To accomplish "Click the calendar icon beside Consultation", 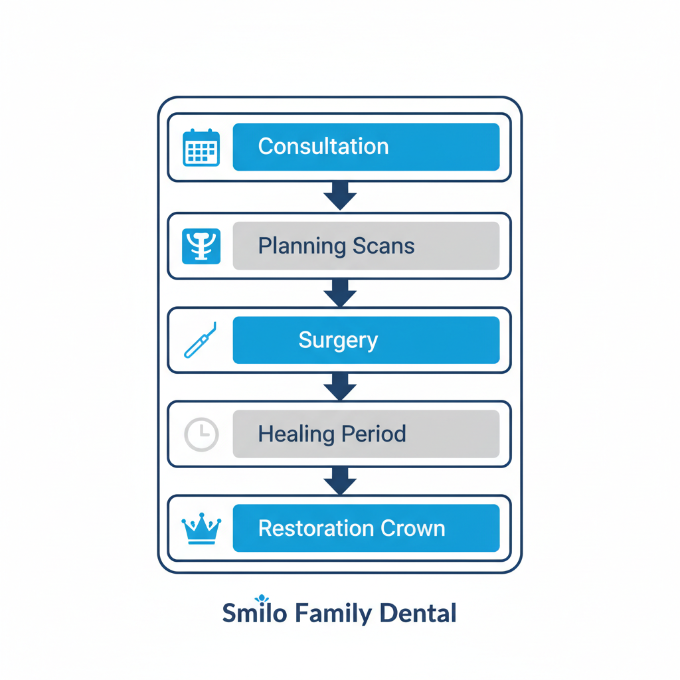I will [x=201, y=147].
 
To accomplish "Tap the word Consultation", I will [x=323, y=147].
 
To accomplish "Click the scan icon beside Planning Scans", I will [x=201, y=246].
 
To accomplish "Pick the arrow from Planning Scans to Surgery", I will [x=340, y=292].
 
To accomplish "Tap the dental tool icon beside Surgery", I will [x=201, y=340].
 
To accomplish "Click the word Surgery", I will [x=338, y=341].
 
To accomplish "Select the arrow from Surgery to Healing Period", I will [x=340, y=386].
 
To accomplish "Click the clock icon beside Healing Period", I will [x=201, y=434].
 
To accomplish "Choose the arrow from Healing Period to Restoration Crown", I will [x=340, y=480].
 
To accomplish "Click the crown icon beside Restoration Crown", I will [x=201, y=529].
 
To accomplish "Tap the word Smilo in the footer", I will [x=254, y=613].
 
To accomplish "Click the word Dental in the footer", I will [x=418, y=613].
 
